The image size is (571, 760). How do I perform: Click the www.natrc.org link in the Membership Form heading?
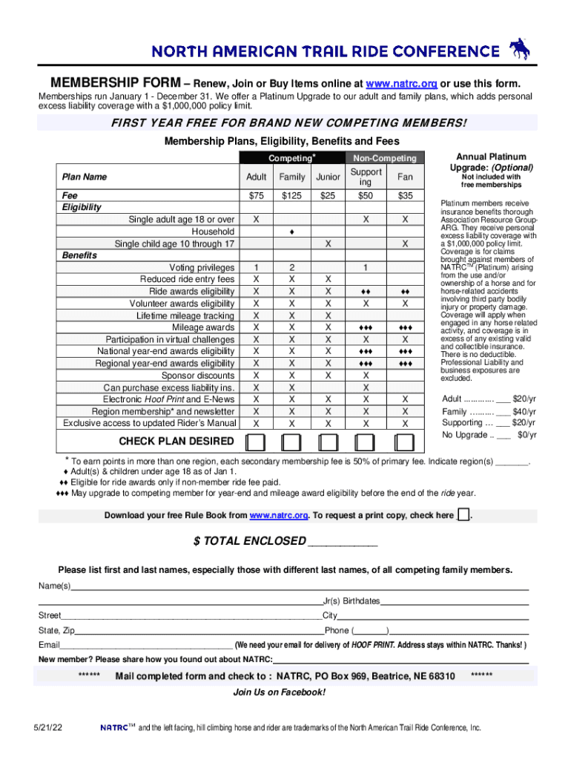pyautogui.click(x=404, y=82)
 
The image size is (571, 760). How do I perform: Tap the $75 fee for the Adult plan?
pyautogui.click(x=256, y=196)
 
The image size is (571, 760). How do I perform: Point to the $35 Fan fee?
pyautogui.click(x=405, y=196)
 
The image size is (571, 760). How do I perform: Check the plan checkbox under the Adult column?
pyautogui.click(x=256, y=442)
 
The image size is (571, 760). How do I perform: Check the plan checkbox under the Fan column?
pyautogui.click(x=405, y=442)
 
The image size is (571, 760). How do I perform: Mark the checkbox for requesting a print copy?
pyautogui.click(x=463, y=515)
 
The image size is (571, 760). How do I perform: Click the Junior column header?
pyautogui.click(x=328, y=177)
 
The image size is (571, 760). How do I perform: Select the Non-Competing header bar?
pyautogui.click(x=385, y=158)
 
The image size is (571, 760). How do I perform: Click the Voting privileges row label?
pyautogui.click(x=202, y=267)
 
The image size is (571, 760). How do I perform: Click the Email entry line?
pyautogui.click(x=146, y=644)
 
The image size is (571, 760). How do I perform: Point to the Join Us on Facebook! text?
pyautogui.click(x=279, y=692)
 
